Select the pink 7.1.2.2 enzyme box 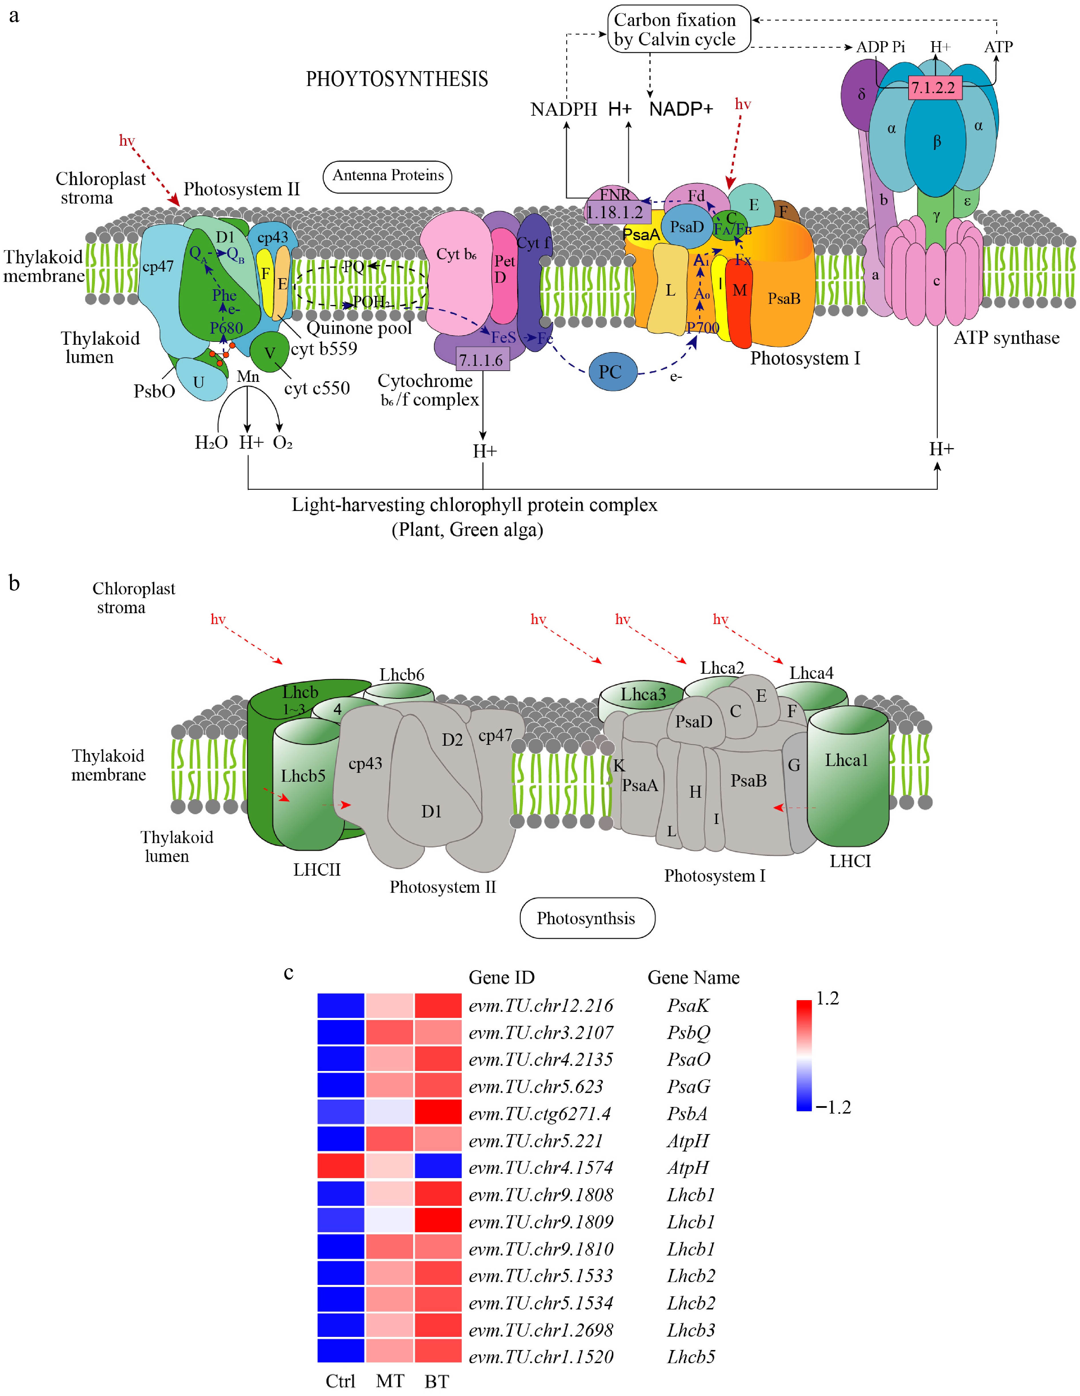click(935, 88)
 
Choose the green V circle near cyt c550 click(269, 352)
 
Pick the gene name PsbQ click(689, 1032)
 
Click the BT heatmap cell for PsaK click(438, 1006)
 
